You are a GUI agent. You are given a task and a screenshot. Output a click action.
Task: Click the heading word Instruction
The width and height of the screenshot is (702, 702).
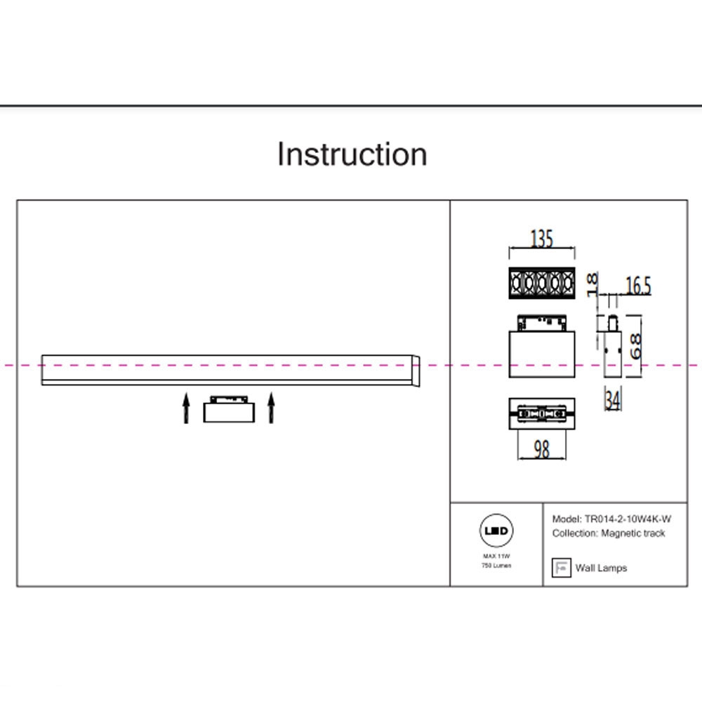point(352,154)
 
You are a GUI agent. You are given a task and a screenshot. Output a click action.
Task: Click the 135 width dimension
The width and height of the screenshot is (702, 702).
point(541,239)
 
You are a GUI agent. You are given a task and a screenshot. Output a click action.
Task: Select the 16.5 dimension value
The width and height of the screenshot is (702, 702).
point(637,286)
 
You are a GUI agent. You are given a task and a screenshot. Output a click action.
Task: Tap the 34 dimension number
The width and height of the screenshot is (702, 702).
point(612,401)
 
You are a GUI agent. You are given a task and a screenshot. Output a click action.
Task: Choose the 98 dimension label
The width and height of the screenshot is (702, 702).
point(541,449)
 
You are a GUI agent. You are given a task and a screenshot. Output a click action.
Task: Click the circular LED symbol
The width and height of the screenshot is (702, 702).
point(496,531)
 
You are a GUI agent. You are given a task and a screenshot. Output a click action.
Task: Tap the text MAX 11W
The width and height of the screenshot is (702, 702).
point(496,556)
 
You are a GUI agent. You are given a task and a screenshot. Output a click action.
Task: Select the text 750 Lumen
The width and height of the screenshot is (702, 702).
point(496,565)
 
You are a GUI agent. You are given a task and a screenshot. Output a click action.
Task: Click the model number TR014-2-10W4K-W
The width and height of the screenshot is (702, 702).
point(627,519)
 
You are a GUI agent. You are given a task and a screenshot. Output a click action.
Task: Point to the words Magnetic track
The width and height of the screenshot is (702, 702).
point(633,534)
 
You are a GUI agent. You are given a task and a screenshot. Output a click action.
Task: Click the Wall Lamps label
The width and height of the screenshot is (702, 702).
point(601,568)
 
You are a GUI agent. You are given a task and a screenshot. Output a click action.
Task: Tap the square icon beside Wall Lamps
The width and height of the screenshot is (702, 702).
point(561,568)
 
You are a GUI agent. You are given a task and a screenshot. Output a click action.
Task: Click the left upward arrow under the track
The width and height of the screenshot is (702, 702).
point(186,409)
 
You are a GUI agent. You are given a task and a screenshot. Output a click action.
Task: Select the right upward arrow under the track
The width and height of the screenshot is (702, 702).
point(271,409)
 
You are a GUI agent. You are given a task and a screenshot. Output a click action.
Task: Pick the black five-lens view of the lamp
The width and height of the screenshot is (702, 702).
point(541,282)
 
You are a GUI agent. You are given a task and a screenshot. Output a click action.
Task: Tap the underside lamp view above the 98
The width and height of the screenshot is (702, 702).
point(541,414)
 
